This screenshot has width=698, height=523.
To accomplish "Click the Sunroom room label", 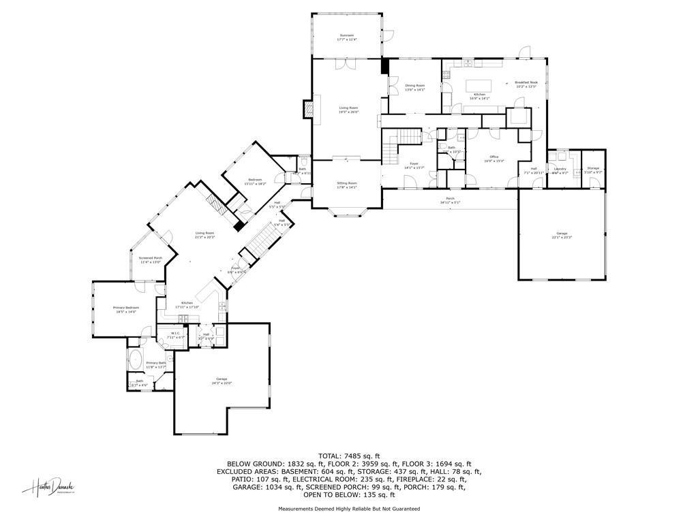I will pyautogui.click(x=347, y=37).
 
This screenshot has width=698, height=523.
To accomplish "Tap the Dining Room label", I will pyautogui.click(x=414, y=87).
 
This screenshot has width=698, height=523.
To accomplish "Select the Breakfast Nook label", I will pyautogui.click(x=526, y=84).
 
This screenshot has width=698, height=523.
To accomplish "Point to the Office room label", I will pyautogui.click(x=494, y=159).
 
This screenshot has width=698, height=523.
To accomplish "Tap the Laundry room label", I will pyautogui.click(x=560, y=170).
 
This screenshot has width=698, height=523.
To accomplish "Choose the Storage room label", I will pyautogui.click(x=593, y=170).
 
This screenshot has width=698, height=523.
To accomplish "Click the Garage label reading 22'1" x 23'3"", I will pyautogui.click(x=562, y=235).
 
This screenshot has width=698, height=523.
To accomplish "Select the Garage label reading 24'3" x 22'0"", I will pyautogui.click(x=222, y=381).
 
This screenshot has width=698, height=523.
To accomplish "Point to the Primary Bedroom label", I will pyautogui.click(x=125, y=310).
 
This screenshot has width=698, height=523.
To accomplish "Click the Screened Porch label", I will pyautogui.click(x=151, y=260).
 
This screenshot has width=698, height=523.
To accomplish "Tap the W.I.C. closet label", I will pyautogui.click(x=175, y=335).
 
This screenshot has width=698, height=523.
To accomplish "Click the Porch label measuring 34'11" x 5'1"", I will pyautogui.click(x=450, y=200).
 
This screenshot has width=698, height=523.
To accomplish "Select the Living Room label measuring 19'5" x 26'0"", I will pyautogui.click(x=348, y=110).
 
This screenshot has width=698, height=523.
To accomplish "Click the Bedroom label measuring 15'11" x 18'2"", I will pyautogui.click(x=250, y=182).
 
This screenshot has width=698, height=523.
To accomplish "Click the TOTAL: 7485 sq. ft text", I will pyautogui.click(x=349, y=456).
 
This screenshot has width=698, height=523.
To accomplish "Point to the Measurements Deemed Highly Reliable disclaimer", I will pyautogui.click(x=349, y=509).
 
